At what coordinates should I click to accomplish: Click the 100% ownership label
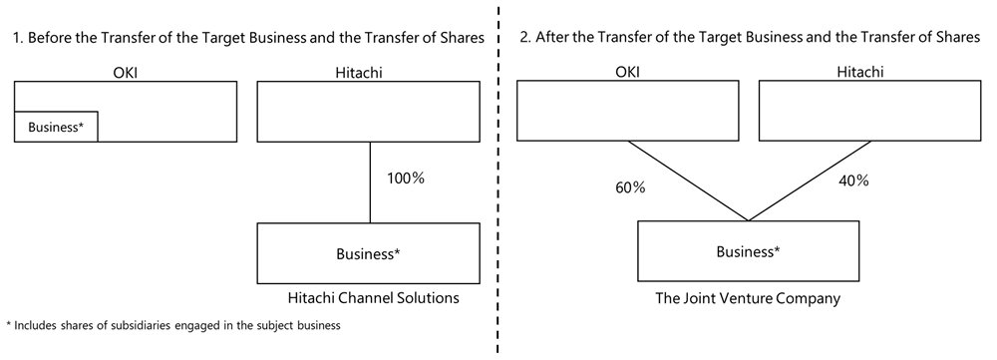pyautogui.click(x=405, y=179)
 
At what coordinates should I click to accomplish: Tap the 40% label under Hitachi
pyautogui.click(x=853, y=181)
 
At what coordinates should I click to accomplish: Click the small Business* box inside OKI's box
pyautogui.click(x=56, y=127)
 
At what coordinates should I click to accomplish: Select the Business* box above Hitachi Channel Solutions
pyautogui.click(x=370, y=253)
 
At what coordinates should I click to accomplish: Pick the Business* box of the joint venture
pyautogui.click(x=748, y=250)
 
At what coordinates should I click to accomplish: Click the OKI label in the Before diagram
pyautogui.click(x=126, y=71)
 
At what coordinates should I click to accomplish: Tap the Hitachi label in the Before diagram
pyautogui.click(x=370, y=71)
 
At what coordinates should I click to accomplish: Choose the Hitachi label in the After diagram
pyautogui.click(x=869, y=71)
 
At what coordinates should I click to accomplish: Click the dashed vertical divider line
pyautogui.click(x=498, y=199)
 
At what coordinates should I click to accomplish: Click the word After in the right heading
pyautogui.click(x=552, y=38)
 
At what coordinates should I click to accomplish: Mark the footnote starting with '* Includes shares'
pyautogui.click(x=173, y=326)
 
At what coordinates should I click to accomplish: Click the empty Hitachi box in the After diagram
pyautogui.click(x=869, y=111)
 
